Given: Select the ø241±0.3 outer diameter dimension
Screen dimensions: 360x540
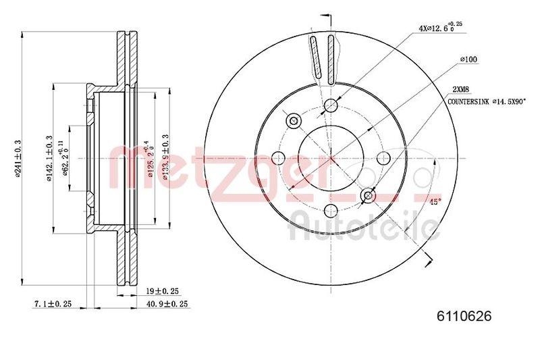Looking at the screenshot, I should tap(19, 157).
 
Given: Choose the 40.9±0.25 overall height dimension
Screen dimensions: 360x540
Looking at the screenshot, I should tap(166, 305).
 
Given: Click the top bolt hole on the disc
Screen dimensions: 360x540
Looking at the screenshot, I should tap(331, 105).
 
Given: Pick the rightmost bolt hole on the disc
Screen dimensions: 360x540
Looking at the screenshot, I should tap(383, 158).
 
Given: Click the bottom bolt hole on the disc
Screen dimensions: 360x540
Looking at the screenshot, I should tap(331, 211).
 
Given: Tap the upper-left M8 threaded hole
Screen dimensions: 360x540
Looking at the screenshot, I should tap(294, 121).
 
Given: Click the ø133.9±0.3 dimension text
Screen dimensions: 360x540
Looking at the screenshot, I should tap(165, 157).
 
